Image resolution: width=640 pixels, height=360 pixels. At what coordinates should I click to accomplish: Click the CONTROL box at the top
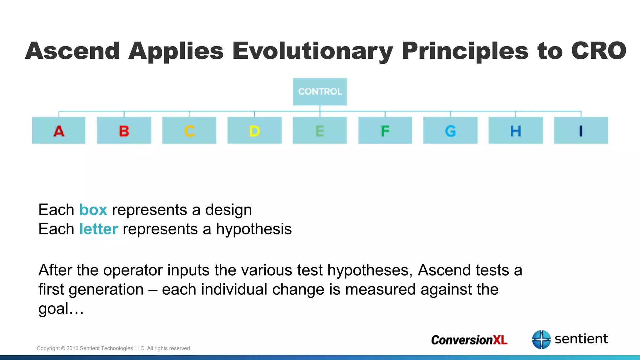click(320, 92)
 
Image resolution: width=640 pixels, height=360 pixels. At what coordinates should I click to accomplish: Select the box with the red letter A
click(59, 130)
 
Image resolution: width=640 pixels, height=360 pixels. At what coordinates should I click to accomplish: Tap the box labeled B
click(124, 130)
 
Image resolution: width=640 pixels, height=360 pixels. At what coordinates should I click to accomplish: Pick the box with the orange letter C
click(189, 130)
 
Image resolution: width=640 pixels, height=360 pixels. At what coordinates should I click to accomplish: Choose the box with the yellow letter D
click(254, 130)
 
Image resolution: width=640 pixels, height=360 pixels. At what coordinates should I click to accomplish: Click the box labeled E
click(320, 130)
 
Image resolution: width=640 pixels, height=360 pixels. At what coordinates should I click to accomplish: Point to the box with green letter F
click(385, 130)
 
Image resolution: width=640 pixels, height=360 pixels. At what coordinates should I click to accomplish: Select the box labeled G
click(450, 130)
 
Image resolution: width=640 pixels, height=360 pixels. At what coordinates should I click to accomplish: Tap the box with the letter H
click(516, 130)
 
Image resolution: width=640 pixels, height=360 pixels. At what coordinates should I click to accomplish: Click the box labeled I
click(581, 130)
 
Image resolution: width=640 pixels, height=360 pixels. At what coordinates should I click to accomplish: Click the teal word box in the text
click(93, 210)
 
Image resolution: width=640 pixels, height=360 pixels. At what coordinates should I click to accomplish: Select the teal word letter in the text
click(98, 229)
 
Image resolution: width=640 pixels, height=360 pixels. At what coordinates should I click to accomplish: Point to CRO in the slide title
click(598, 51)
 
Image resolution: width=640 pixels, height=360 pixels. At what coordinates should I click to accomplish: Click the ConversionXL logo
click(469, 340)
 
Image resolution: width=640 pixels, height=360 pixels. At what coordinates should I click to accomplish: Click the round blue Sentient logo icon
click(541, 339)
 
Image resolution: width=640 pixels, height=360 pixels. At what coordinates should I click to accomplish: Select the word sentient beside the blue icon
click(581, 339)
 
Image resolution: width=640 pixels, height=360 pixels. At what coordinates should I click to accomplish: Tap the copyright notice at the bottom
click(114, 348)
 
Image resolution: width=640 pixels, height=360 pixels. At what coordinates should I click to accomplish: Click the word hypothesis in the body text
click(254, 229)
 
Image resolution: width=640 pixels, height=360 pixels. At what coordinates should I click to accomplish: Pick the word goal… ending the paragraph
click(61, 309)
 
